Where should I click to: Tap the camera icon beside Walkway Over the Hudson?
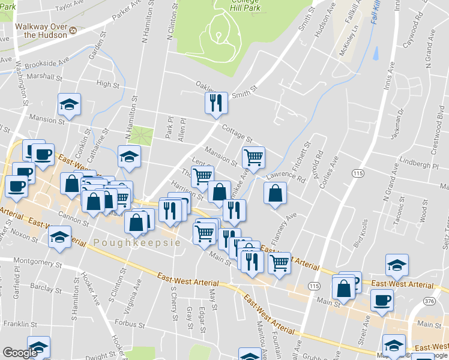click(x=73, y=30)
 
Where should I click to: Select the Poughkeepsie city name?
click(x=136, y=242)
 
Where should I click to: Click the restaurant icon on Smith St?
click(x=215, y=103)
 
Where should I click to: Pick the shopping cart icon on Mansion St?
click(x=253, y=157)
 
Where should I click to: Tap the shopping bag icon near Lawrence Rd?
click(x=274, y=193)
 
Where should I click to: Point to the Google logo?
click(x=20, y=353)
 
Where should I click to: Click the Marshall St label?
click(x=44, y=77)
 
